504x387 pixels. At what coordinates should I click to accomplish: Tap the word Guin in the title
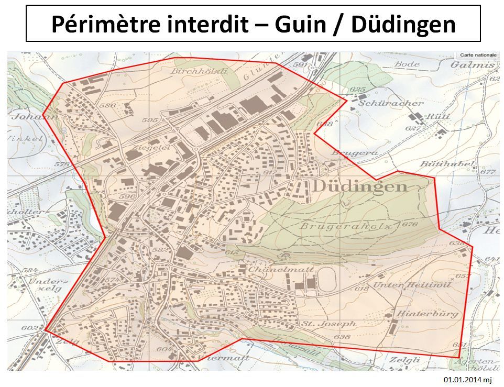point(298,24)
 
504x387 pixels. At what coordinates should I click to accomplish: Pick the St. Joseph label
point(328,324)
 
